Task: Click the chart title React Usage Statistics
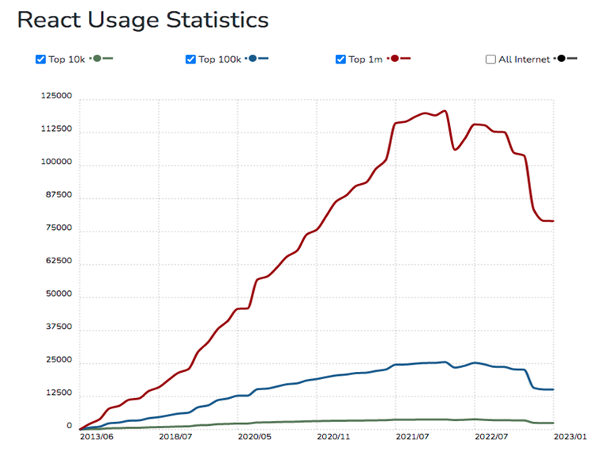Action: tap(143, 20)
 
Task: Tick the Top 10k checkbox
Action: tap(40, 59)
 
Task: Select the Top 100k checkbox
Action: tap(191, 59)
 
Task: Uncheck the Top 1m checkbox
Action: tap(341, 59)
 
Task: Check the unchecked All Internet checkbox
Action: tap(491, 59)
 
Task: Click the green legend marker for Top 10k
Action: tap(98, 59)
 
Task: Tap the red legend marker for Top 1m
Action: tap(395, 59)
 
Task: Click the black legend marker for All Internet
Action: tap(562, 59)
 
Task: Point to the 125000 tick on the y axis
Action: tap(56, 97)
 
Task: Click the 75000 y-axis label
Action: tap(58, 228)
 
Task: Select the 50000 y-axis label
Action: tap(58, 294)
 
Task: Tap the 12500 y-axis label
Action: tap(58, 393)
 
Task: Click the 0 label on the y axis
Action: tap(69, 427)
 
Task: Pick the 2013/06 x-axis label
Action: tap(96, 436)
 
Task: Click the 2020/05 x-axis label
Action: tap(254, 436)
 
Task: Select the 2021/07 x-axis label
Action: tap(412, 436)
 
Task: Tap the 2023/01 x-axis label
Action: tap(569, 436)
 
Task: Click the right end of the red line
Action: tap(553, 221)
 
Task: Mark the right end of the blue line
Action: tap(553, 389)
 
